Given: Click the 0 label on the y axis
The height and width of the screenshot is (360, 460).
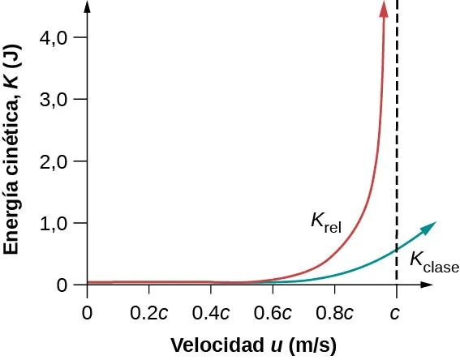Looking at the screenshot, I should [64, 285].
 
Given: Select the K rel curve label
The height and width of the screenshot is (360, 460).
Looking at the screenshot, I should [325, 221].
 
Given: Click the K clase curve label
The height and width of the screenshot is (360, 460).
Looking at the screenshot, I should [433, 261].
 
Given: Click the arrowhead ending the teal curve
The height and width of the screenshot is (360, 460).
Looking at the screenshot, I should [430, 226].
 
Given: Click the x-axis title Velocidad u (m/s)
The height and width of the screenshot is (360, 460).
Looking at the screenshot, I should [253, 345].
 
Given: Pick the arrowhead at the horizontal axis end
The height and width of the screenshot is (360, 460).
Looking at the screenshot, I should [426, 285].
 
